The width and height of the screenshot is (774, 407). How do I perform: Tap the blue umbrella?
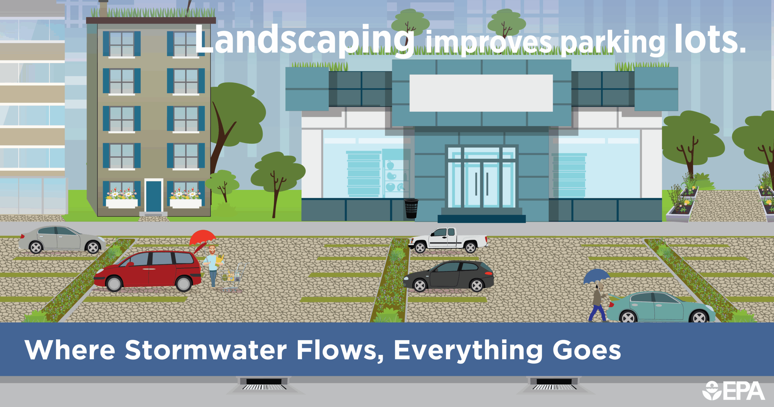coord(596,276)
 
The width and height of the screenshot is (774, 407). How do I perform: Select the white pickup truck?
coord(448,240)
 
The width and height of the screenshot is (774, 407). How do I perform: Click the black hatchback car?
coord(449,276)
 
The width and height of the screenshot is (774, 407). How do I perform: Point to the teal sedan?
coord(661,307)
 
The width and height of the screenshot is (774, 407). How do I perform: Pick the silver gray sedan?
coord(62,240)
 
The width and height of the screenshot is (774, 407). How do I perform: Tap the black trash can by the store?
coord(411,208)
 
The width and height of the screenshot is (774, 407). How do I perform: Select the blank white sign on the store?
coord(481,93)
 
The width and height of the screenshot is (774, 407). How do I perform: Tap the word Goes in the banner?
coord(587,350)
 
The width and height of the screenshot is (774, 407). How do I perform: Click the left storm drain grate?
coord(264,384)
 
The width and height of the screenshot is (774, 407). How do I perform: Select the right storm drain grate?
coord(554,384)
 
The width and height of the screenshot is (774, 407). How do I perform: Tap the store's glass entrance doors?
coord(481,178)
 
